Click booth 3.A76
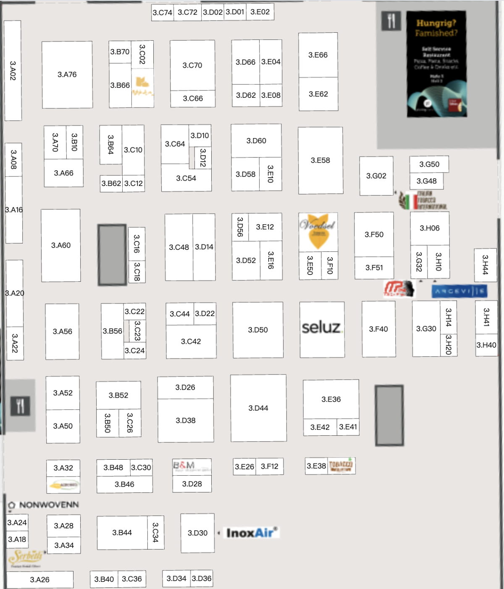[67, 74]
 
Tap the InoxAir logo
[251, 533]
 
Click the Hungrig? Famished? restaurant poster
[436, 64]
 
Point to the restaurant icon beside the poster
[391, 21]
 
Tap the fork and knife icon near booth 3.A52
[20, 406]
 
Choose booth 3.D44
[258, 408]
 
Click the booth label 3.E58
[320, 160]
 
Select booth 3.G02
[376, 176]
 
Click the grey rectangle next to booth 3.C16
[112, 255]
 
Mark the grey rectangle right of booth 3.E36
[389, 415]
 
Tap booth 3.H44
[485, 265]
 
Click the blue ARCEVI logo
[459, 291]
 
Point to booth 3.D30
[197, 533]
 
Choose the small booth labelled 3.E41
[348, 427]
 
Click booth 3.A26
[39, 579]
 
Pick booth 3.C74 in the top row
[162, 13]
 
